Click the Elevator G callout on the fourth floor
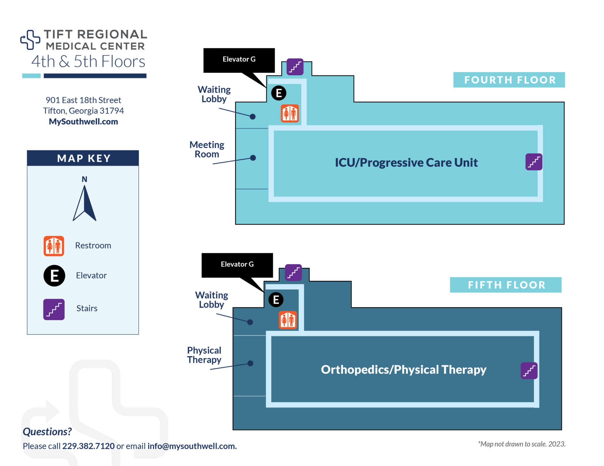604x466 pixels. [x=239, y=60]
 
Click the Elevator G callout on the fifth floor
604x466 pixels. [x=237, y=265]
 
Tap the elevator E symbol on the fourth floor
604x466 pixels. [x=279, y=93]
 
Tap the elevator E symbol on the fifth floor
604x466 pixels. [x=276, y=300]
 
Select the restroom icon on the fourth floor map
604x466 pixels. [x=290, y=113]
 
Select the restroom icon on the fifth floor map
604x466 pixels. [x=288, y=320]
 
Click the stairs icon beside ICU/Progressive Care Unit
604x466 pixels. [x=534, y=162]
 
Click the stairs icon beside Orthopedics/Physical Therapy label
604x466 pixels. [x=529, y=371]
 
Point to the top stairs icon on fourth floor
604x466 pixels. [x=295, y=67]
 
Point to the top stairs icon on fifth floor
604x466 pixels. [x=293, y=273]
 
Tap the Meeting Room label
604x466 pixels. [x=207, y=150]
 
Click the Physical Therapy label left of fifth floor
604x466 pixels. [x=204, y=355]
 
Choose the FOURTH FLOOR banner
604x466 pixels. [x=509, y=80]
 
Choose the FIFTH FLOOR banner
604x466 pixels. [x=505, y=285]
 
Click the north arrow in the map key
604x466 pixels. [x=85, y=203]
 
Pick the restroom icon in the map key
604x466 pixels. [x=54, y=246]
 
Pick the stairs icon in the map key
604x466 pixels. [x=54, y=309]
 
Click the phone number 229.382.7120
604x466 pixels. [x=88, y=446]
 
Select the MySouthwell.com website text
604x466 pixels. [x=83, y=122]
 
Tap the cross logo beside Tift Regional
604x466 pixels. [x=30, y=40]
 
